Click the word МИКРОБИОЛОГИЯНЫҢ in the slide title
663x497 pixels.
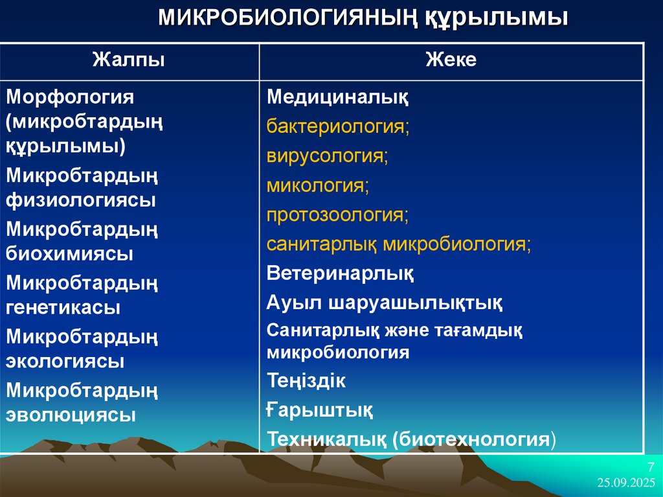(x=289, y=17)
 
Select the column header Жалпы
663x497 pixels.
(x=128, y=60)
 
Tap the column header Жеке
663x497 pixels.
(x=451, y=60)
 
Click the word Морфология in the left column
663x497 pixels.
(x=70, y=97)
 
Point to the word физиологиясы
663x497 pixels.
(x=81, y=200)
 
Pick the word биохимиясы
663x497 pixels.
(x=70, y=253)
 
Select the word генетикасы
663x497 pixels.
(x=63, y=307)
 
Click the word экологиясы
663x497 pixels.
(x=65, y=361)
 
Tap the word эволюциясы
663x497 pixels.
(x=71, y=415)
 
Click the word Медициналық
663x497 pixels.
(x=337, y=98)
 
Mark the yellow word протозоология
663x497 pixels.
(x=336, y=215)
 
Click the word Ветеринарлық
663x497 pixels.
(x=340, y=273)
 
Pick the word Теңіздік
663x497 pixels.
(x=306, y=381)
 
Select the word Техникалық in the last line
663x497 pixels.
(x=326, y=439)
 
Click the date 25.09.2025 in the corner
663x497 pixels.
(x=627, y=483)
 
